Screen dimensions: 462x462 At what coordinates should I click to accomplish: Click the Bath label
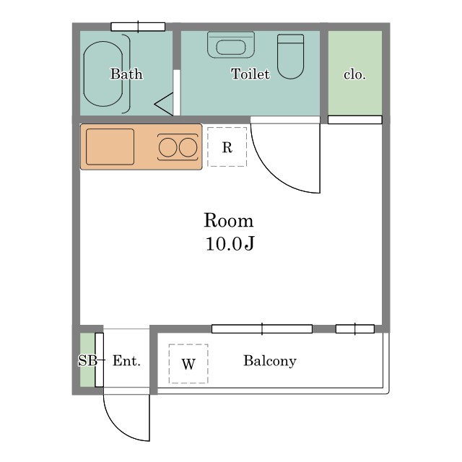tap(126, 74)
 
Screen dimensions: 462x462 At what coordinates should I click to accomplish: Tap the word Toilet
tap(250, 74)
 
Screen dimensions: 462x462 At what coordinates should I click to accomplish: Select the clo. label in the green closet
tap(354, 74)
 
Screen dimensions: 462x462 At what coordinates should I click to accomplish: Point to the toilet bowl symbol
tap(290, 56)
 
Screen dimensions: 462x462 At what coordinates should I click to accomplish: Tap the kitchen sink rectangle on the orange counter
tap(110, 147)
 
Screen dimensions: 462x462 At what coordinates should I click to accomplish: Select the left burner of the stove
tap(167, 147)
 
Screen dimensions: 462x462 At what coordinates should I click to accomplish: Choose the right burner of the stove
tap(188, 147)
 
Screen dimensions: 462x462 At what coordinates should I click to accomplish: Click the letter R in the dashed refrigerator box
tap(227, 147)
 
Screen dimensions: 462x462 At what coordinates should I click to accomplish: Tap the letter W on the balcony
tap(188, 365)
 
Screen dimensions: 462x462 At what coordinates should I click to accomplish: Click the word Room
tap(228, 220)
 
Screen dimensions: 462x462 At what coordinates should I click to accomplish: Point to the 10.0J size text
tap(230, 244)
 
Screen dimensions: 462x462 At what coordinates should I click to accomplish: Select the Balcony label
tap(270, 361)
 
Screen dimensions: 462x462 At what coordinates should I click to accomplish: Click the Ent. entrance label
tap(126, 361)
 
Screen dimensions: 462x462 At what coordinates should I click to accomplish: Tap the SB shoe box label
tap(87, 360)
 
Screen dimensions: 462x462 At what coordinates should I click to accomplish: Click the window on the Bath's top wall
tap(138, 27)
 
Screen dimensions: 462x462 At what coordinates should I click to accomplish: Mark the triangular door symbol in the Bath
tap(164, 104)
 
